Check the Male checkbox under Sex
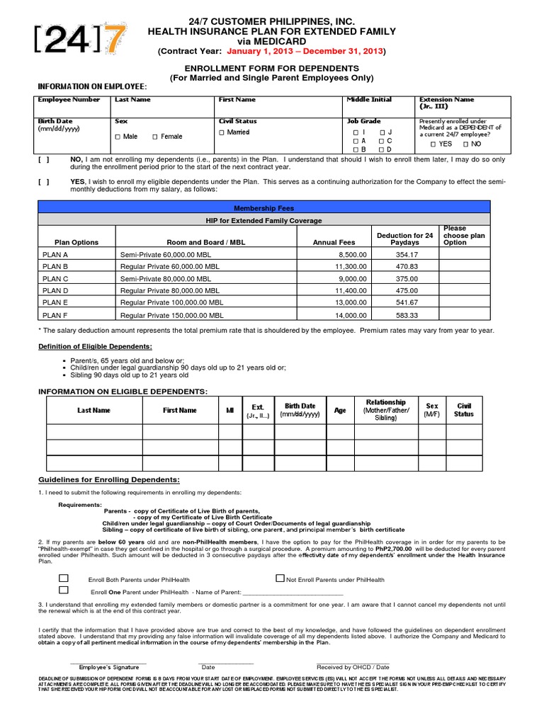[118, 137]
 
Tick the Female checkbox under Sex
[156, 137]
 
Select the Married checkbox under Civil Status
[222, 133]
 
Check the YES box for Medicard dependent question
[433, 144]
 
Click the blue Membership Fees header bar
[263, 208]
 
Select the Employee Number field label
[69, 100]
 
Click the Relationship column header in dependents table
[385, 410]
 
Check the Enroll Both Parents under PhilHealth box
[64, 578]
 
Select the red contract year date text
[305, 52]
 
